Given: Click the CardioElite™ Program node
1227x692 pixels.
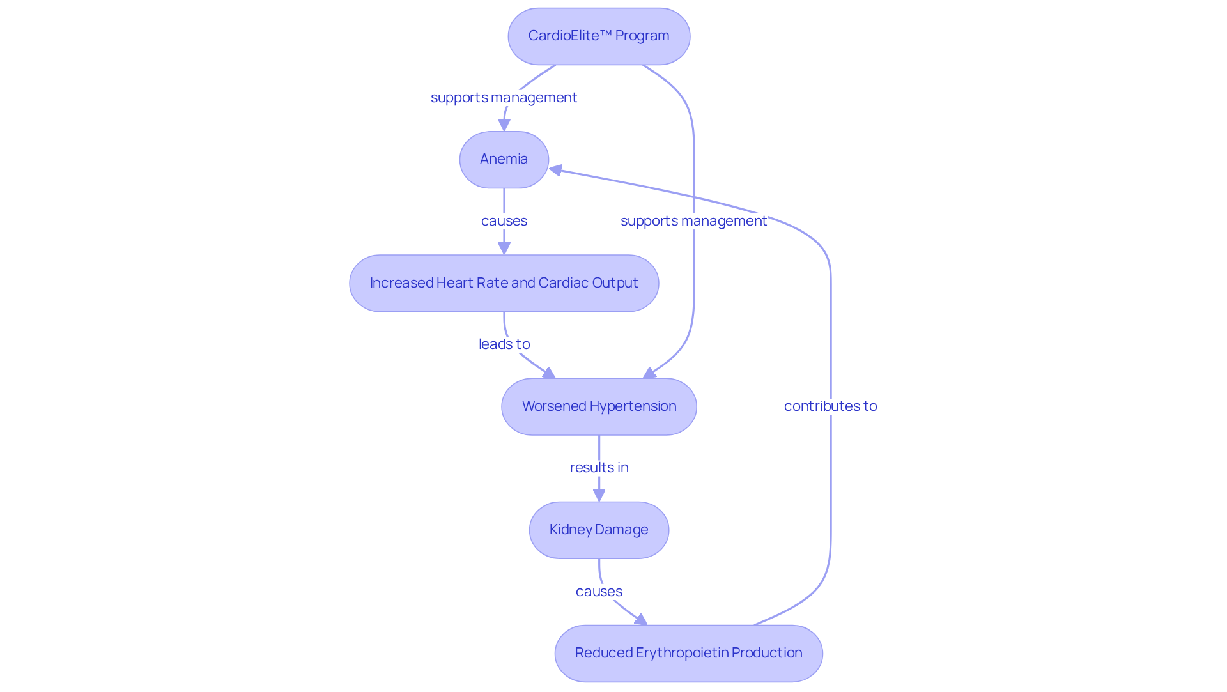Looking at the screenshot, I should tap(599, 36).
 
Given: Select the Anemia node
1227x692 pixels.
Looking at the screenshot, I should tap(504, 160).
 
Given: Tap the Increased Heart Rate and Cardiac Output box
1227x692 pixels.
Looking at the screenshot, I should tap(504, 283).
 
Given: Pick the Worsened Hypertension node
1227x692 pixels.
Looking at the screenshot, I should tap(599, 406).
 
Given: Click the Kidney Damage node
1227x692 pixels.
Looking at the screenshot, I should tap(599, 530).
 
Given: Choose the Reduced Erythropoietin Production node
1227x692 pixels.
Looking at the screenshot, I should tap(688, 653).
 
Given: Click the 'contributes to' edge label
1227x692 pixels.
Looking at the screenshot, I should tap(830, 406).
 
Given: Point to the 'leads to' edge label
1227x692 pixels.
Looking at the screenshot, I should tap(504, 344).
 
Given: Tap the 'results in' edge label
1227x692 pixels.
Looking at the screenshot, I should tap(599, 468).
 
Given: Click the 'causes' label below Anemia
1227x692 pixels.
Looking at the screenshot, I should tap(504, 221).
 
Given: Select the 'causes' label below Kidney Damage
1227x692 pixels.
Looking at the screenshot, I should tap(599, 592).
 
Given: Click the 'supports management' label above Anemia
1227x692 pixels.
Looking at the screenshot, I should tap(504, 98).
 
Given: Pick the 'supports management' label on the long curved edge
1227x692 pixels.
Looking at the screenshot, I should tap(693, 221).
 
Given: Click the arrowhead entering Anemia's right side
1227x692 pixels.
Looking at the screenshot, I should tap(556, 171).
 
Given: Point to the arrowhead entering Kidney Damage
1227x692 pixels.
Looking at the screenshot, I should tap(599, 495).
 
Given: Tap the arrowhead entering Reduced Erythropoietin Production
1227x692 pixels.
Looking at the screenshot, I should tap(641, 620).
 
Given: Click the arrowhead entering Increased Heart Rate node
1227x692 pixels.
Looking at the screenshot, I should tap(504, 248).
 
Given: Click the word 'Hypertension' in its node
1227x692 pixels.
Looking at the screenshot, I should tap(633, 406).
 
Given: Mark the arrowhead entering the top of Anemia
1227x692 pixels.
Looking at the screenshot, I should tap(504, 125).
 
